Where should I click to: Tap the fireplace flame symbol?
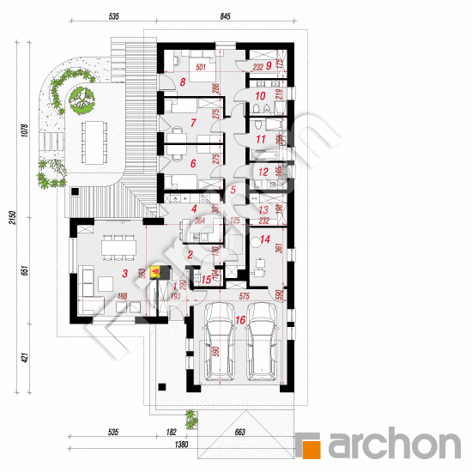click(155, 274)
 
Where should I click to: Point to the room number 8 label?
click(183, 82)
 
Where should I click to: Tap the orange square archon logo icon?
click(312, 445)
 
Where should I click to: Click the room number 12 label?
click(264, 172)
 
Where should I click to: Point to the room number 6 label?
click(193, 163)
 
